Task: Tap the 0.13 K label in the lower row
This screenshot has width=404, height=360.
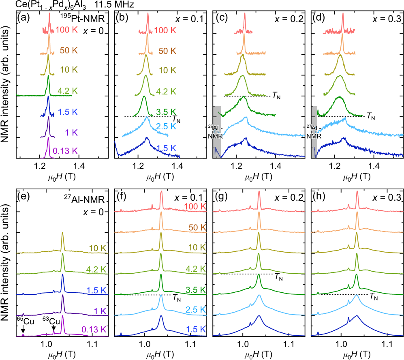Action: [x=94, y=330]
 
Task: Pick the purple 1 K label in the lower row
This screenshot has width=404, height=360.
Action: [x=100, y=311]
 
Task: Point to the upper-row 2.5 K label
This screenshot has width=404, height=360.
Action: [x=166, y=126]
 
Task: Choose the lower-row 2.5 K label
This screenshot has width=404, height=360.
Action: [x=196, y=310]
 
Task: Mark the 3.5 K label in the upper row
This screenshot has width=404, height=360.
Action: [x=166, y=112]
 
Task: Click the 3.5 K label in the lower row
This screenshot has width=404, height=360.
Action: [x=196, y=290]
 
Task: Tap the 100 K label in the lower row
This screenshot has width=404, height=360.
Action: [x=195, y=207]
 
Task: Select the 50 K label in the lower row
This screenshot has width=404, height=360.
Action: [x=197, y=227]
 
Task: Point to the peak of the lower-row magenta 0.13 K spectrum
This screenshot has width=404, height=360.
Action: [x=63, y=316]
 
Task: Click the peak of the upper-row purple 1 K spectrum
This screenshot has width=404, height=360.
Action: [x=48, y=118]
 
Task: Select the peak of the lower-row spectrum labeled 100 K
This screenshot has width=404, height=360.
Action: [x=161, y=191]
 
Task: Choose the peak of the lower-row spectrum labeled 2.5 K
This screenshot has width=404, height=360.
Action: [x=161, y=295]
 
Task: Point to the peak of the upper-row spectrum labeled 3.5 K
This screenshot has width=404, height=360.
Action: [x=144, y=96]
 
